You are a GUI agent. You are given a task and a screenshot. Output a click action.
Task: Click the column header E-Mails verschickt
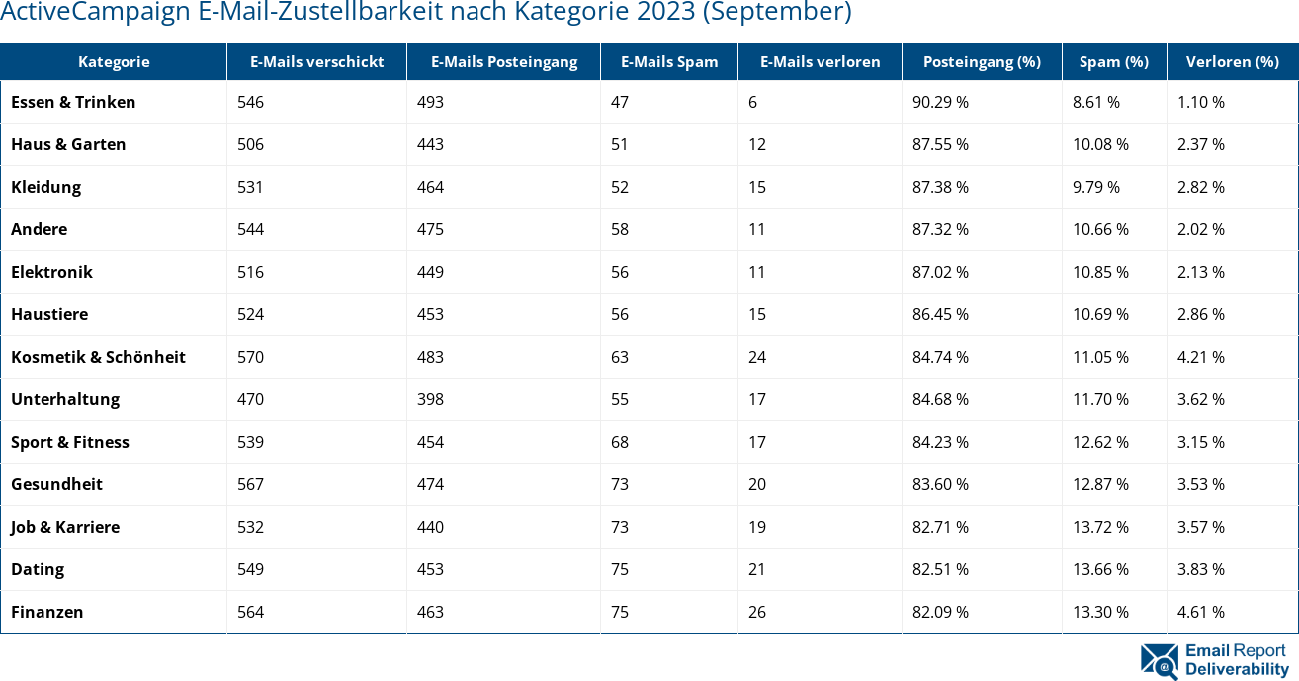tap(316, 61)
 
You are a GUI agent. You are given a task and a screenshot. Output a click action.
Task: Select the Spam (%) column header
tap(1113, 61)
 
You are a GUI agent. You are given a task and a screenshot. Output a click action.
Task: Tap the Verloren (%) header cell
tap(1232, 61)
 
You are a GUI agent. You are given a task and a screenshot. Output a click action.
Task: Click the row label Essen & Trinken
tap(73, 102)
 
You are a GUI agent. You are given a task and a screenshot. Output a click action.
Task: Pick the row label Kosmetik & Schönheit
tap(98, 357)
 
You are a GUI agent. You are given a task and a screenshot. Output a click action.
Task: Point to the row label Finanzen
tap(46, 612)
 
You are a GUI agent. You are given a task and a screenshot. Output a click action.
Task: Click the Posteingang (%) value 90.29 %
tap(940, 102)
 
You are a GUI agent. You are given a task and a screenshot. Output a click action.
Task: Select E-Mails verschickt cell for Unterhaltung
tap(250, 399)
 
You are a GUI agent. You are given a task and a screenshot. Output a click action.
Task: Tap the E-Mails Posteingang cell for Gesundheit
tap(430, 484)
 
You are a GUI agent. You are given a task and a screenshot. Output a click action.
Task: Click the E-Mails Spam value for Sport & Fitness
tap(620, 442)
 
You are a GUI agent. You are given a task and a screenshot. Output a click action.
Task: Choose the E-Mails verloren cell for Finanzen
tap(757, 612)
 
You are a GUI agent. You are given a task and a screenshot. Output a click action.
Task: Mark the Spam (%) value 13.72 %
tap(1100, 527)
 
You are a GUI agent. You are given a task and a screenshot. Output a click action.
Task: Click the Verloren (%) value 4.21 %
tap(1201, 357)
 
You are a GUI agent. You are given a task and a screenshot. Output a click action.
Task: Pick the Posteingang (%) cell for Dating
tap(940, 569)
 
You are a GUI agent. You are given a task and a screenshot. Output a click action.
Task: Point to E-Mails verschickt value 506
tap(250, 144)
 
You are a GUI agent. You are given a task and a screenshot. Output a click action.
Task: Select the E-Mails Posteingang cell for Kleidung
tap(430, 187)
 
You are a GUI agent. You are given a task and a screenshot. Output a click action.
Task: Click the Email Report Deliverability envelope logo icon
tap(1160, 661)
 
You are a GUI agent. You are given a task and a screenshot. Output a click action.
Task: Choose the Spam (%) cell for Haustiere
tap(1100, 314)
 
